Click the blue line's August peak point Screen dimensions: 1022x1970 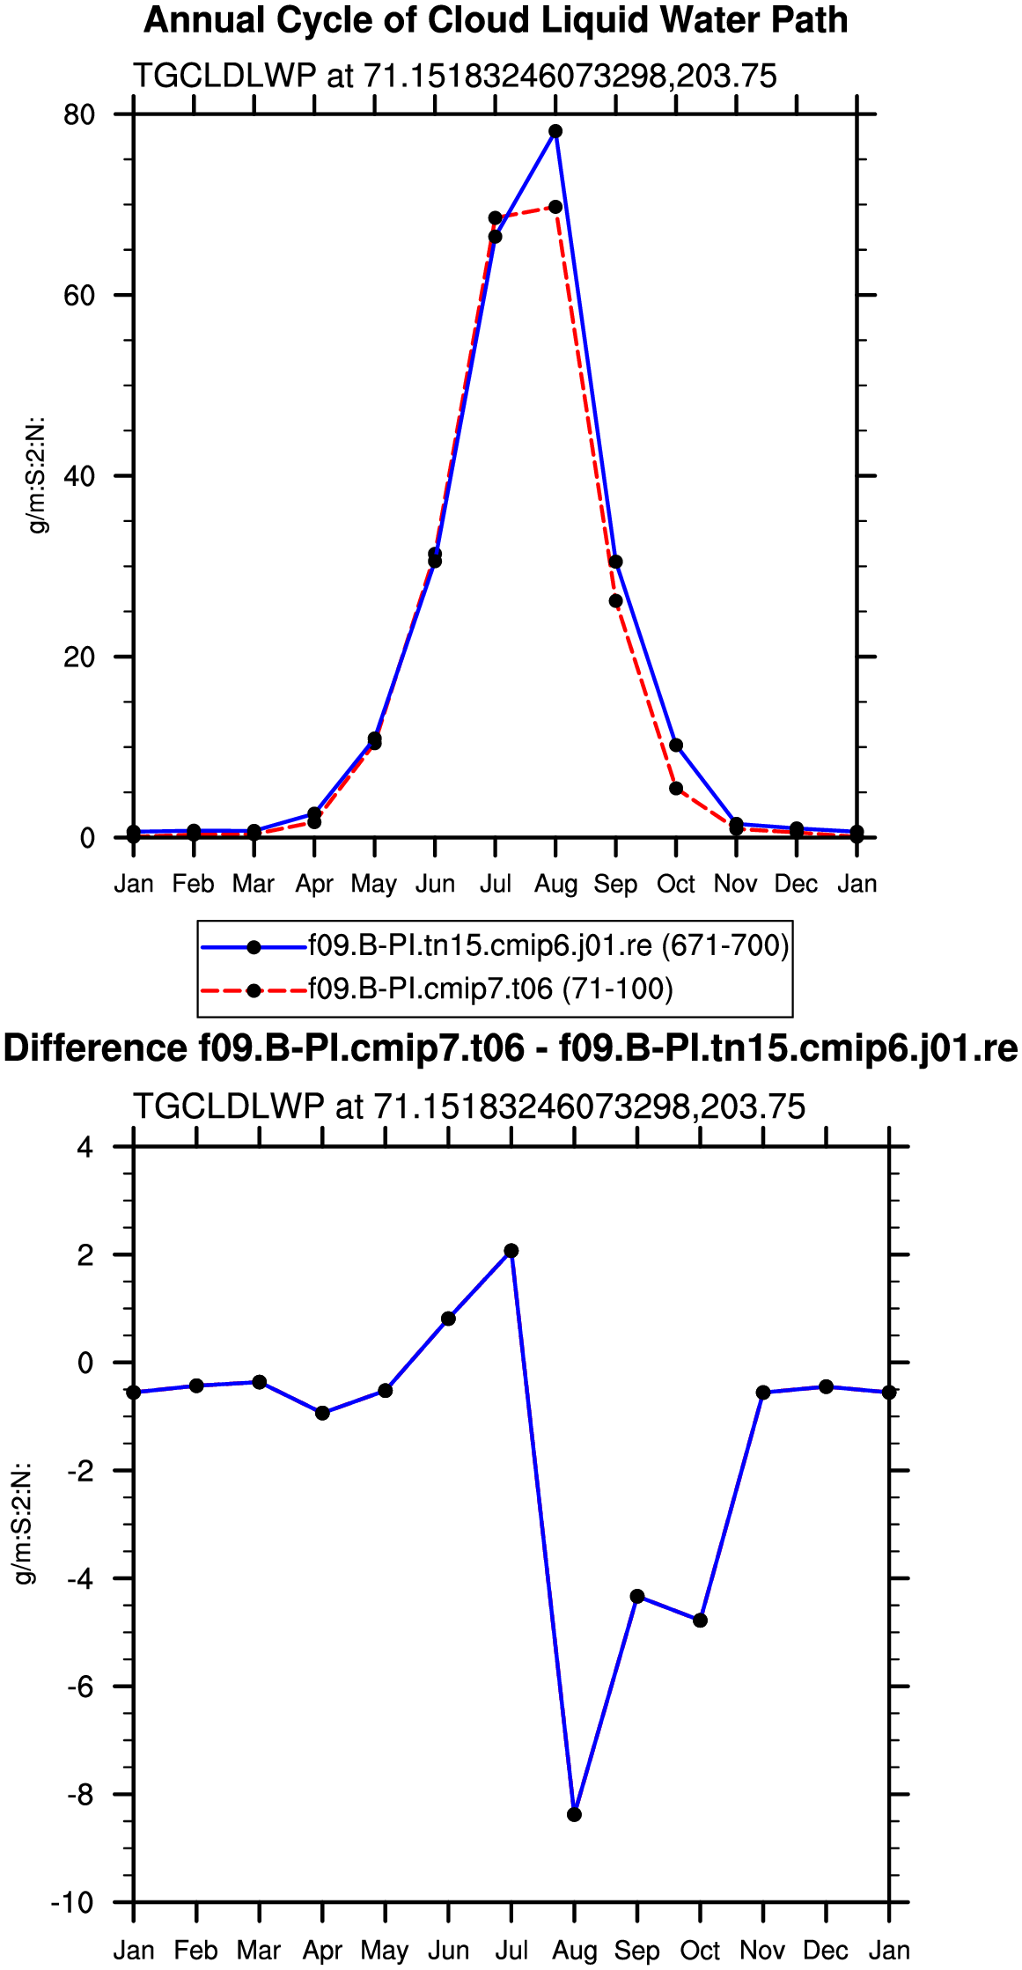(555, 131)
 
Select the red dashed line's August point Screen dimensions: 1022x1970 (555, 207)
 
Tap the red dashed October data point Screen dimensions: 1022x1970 (676, 789)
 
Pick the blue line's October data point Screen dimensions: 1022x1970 (676, 746)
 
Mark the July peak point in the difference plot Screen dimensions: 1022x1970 (511, 1251)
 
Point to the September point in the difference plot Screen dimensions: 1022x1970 (637, 1597)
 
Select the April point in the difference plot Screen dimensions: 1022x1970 (322, 1413)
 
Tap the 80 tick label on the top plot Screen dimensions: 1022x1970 (79, 114)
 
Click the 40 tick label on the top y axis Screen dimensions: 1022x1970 (79, 476)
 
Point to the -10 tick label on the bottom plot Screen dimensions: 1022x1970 (73, 1903)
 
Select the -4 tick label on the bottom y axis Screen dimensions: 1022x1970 (80, 1578)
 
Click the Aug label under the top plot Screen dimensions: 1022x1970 (556, 884)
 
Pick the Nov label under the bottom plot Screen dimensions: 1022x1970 (763, 1951)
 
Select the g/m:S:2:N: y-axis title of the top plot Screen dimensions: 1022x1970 (38, 475)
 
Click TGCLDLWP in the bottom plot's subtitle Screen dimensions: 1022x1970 (229, 1106)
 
